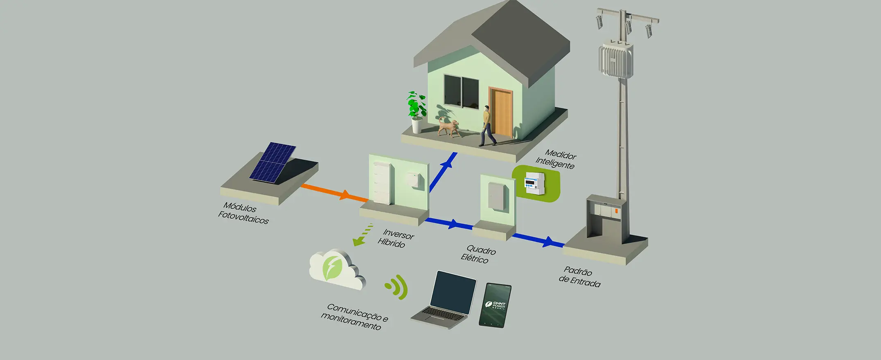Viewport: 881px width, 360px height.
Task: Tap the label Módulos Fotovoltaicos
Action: (x=243, y=213)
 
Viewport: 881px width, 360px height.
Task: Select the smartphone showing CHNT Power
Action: (x=495, y=305)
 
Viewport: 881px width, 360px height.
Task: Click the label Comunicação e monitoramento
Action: (x=354, y=317)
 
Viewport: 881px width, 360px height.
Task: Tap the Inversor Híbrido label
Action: (x=395, y=239)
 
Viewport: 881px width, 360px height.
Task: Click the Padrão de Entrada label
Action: (x=579, y=277)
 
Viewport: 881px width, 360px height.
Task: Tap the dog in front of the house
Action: (x=448, y=127)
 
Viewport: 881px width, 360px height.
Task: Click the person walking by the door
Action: (x=487, y=125)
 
